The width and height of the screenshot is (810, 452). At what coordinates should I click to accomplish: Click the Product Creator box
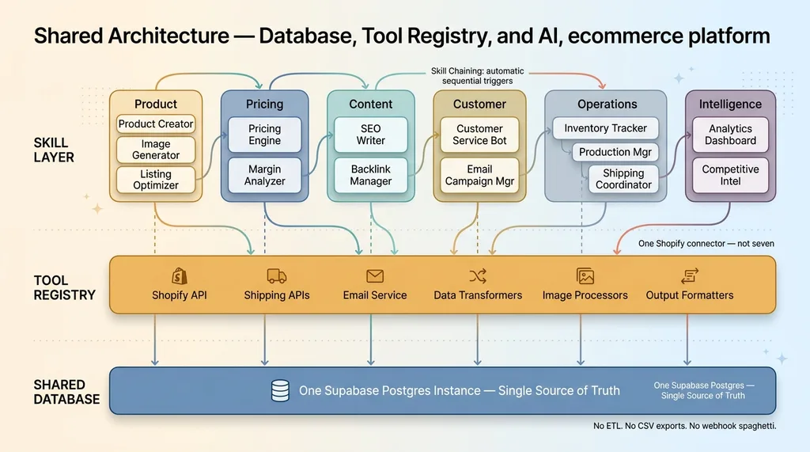click(x=156, y=124)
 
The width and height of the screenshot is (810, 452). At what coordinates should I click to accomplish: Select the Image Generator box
click(x=156, y=150)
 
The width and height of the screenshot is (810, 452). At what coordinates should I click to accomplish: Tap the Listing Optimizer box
click(x=156, y=180)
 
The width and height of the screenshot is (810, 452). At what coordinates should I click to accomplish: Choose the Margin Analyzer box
click(x=264, y=175)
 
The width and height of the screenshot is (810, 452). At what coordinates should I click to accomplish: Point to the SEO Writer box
click(x=370, y=135)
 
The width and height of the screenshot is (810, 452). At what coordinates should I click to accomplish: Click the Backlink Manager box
click(x=370, y=175)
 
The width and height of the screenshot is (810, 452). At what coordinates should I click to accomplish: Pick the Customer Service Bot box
click(x=479, y=135)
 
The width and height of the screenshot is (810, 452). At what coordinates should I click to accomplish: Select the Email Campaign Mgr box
click(x=479, y=175)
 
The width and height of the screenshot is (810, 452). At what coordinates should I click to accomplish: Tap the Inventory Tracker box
click(x=605, y=128)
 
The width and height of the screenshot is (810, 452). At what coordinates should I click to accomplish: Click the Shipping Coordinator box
click(x=623, y=179)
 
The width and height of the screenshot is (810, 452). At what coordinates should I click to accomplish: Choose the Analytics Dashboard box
click(x=730, y=135)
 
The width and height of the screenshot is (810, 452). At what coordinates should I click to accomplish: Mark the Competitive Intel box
click(x=730, y=175)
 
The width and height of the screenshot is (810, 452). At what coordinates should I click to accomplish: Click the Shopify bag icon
click(x=180, y=275)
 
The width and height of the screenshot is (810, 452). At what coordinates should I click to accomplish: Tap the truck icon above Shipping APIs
click(x=277, y=275)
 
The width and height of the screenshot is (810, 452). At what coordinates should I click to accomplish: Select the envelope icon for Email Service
click(x=375, y=275)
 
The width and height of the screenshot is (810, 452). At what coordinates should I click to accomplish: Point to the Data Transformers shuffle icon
click(x=478, y=275)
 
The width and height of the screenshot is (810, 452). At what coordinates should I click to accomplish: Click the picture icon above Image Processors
click(x=585, y=275)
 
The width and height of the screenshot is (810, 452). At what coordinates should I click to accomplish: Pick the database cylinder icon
click(x=280, y=390)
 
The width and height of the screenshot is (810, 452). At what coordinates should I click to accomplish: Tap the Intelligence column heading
click(x=730, y=104)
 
